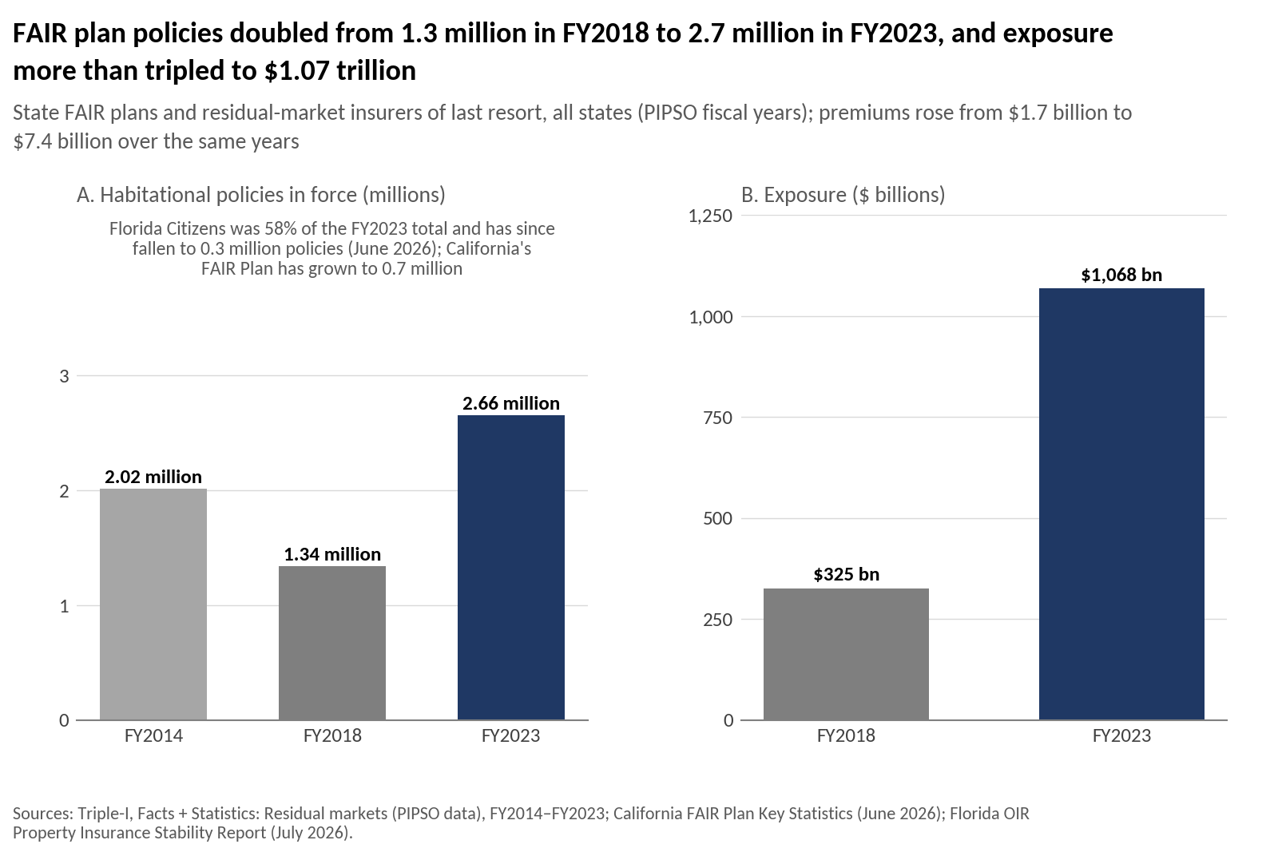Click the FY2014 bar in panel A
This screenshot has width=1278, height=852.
[x=153, y=604]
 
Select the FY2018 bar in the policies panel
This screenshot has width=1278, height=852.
[x=332, y=643]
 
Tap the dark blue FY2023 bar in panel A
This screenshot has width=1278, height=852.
[x=511, y=568]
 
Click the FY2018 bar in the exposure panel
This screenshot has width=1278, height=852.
[x=846, y=654]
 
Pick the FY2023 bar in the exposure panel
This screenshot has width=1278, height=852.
[x=1121, y=504]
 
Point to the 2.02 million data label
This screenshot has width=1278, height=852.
[x=153, y=476]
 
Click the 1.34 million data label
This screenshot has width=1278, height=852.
[x=332, y=553]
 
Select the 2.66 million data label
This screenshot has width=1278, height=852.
[x=511, y=403]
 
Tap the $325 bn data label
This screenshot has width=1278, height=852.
[x=846, y=574]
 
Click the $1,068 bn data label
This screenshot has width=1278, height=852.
[x=1121, y=275]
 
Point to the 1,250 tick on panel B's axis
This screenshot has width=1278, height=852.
[x=710, y=216]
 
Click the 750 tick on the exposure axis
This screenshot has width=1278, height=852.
[x=718, y=418]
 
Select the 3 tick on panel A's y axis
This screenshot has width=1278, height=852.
[x=65, y=376]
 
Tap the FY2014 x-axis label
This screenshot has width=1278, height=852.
[x=153, y=735]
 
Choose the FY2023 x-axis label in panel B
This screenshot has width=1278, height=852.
[x=1121, y=735]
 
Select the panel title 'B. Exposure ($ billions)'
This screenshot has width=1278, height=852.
[x=843, y=195]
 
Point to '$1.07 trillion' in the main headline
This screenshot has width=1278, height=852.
[x=340, y=71]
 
